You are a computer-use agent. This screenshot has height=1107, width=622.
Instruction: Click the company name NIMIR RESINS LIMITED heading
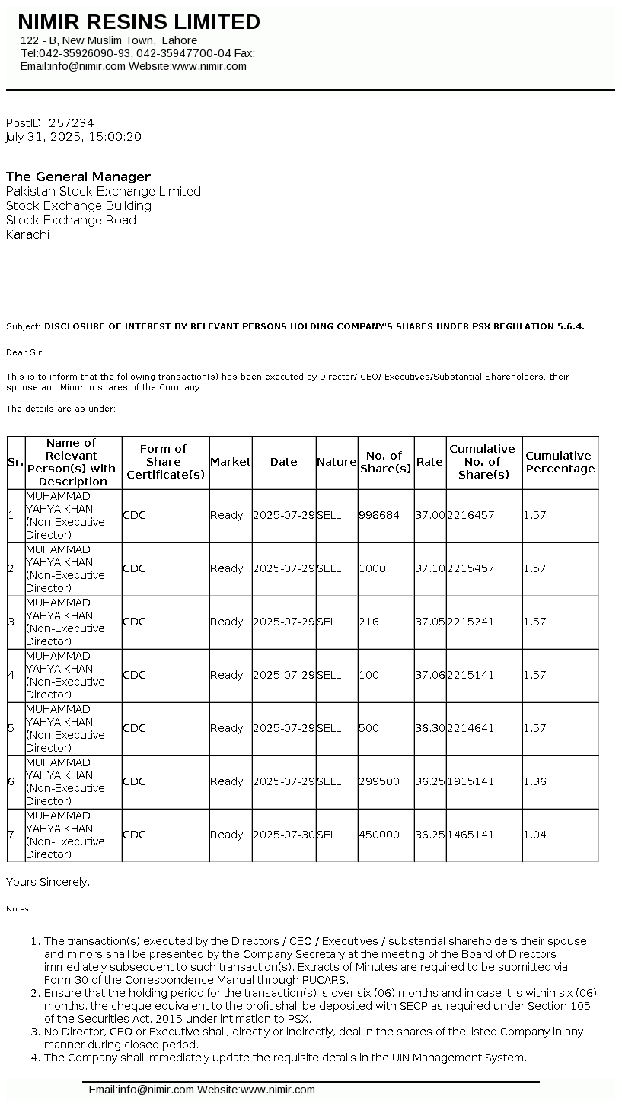[x=139, y=22]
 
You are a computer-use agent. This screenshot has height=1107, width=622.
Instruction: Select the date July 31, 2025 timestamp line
[x=73, y=137]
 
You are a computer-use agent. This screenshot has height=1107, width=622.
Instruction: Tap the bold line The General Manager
[x=78, y=177]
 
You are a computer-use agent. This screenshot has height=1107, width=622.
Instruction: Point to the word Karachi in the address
[x=27, y=234]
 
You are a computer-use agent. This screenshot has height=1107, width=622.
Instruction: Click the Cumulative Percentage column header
[x=560, y=462]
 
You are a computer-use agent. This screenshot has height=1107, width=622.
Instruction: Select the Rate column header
[x=429, y=462]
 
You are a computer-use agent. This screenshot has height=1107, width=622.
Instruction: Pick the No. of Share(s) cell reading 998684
[x=379, y=515]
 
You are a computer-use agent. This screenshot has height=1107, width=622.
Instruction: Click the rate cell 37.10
[x=430, y=568]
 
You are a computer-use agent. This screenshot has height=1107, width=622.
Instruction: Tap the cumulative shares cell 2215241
[x=471, y=622]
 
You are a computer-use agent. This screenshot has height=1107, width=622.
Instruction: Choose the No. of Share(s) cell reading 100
[x=369, y=675]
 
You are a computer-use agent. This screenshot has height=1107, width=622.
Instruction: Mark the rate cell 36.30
[x=430, y=728]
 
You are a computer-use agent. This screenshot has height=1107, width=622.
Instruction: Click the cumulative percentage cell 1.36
[x=535, y=781]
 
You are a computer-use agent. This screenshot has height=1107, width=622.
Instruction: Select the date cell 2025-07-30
[x=284, y=835]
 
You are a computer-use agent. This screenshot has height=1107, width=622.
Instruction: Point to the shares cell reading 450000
[x=379, y=835]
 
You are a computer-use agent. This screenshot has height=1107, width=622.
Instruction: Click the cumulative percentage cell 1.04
[x=535, y=835]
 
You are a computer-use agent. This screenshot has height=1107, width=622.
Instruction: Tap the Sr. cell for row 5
[x=11, y=728]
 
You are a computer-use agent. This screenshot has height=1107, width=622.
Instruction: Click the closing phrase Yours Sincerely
[x=48, y=882]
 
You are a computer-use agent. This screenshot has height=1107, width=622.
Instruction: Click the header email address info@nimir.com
[x=88, y=66]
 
